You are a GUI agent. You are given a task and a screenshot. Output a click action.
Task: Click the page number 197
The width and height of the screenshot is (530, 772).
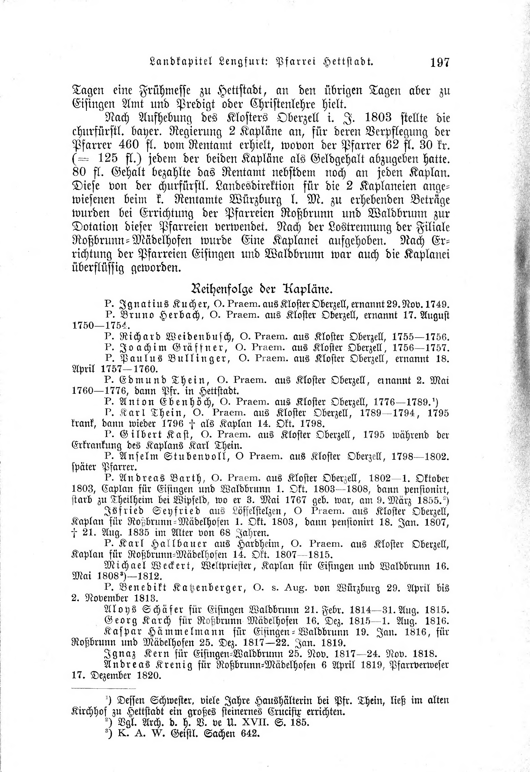tap(440, 62)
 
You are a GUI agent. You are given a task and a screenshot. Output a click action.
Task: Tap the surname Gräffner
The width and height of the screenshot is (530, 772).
tap(200, 348)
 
